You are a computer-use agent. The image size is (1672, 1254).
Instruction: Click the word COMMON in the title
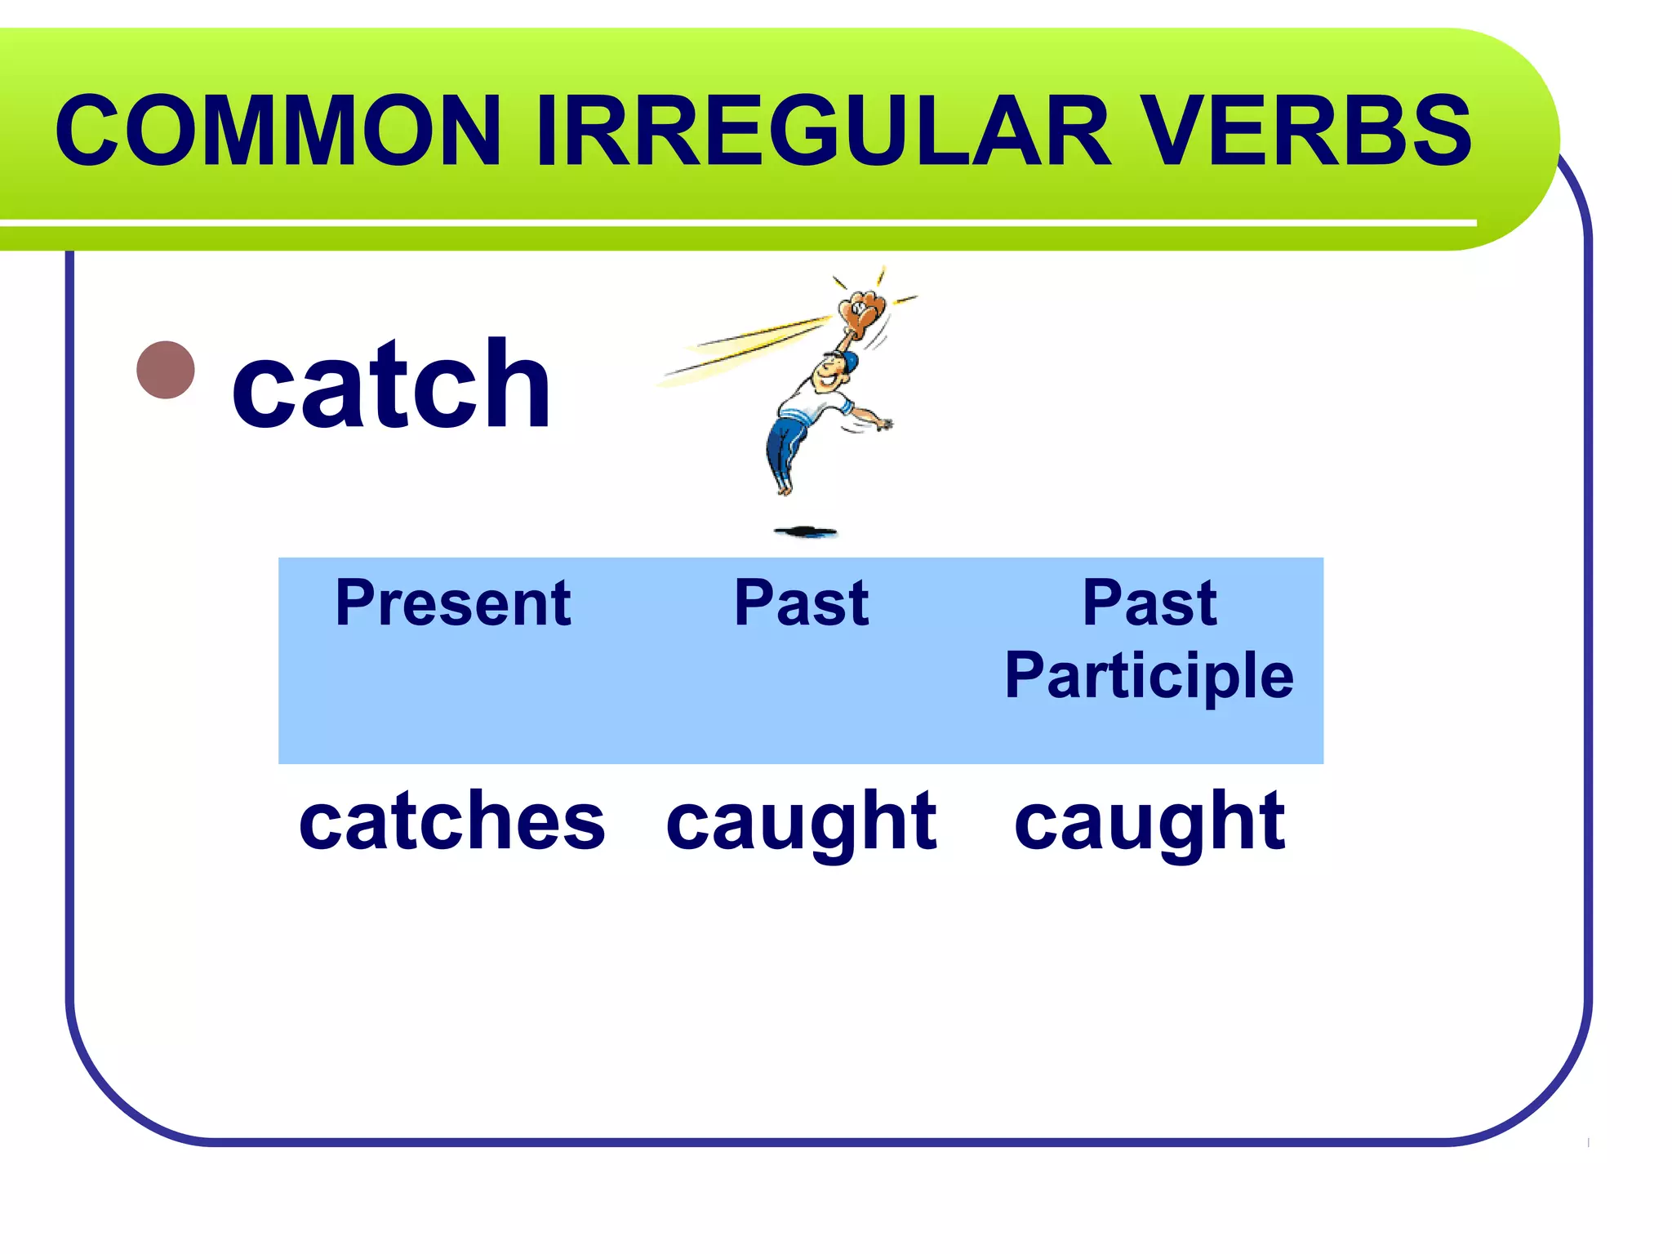(x=278, y=131)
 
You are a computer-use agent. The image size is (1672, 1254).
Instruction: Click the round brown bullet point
(x=167, y=370)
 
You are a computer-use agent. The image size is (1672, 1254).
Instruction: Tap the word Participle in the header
(x=1149, y=676)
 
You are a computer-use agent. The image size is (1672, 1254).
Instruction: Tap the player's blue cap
(x=849, y=361)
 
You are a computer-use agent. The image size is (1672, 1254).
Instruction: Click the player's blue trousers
(x=785, y=449)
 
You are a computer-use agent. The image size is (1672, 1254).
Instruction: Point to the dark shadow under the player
(x=806, y=532)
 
